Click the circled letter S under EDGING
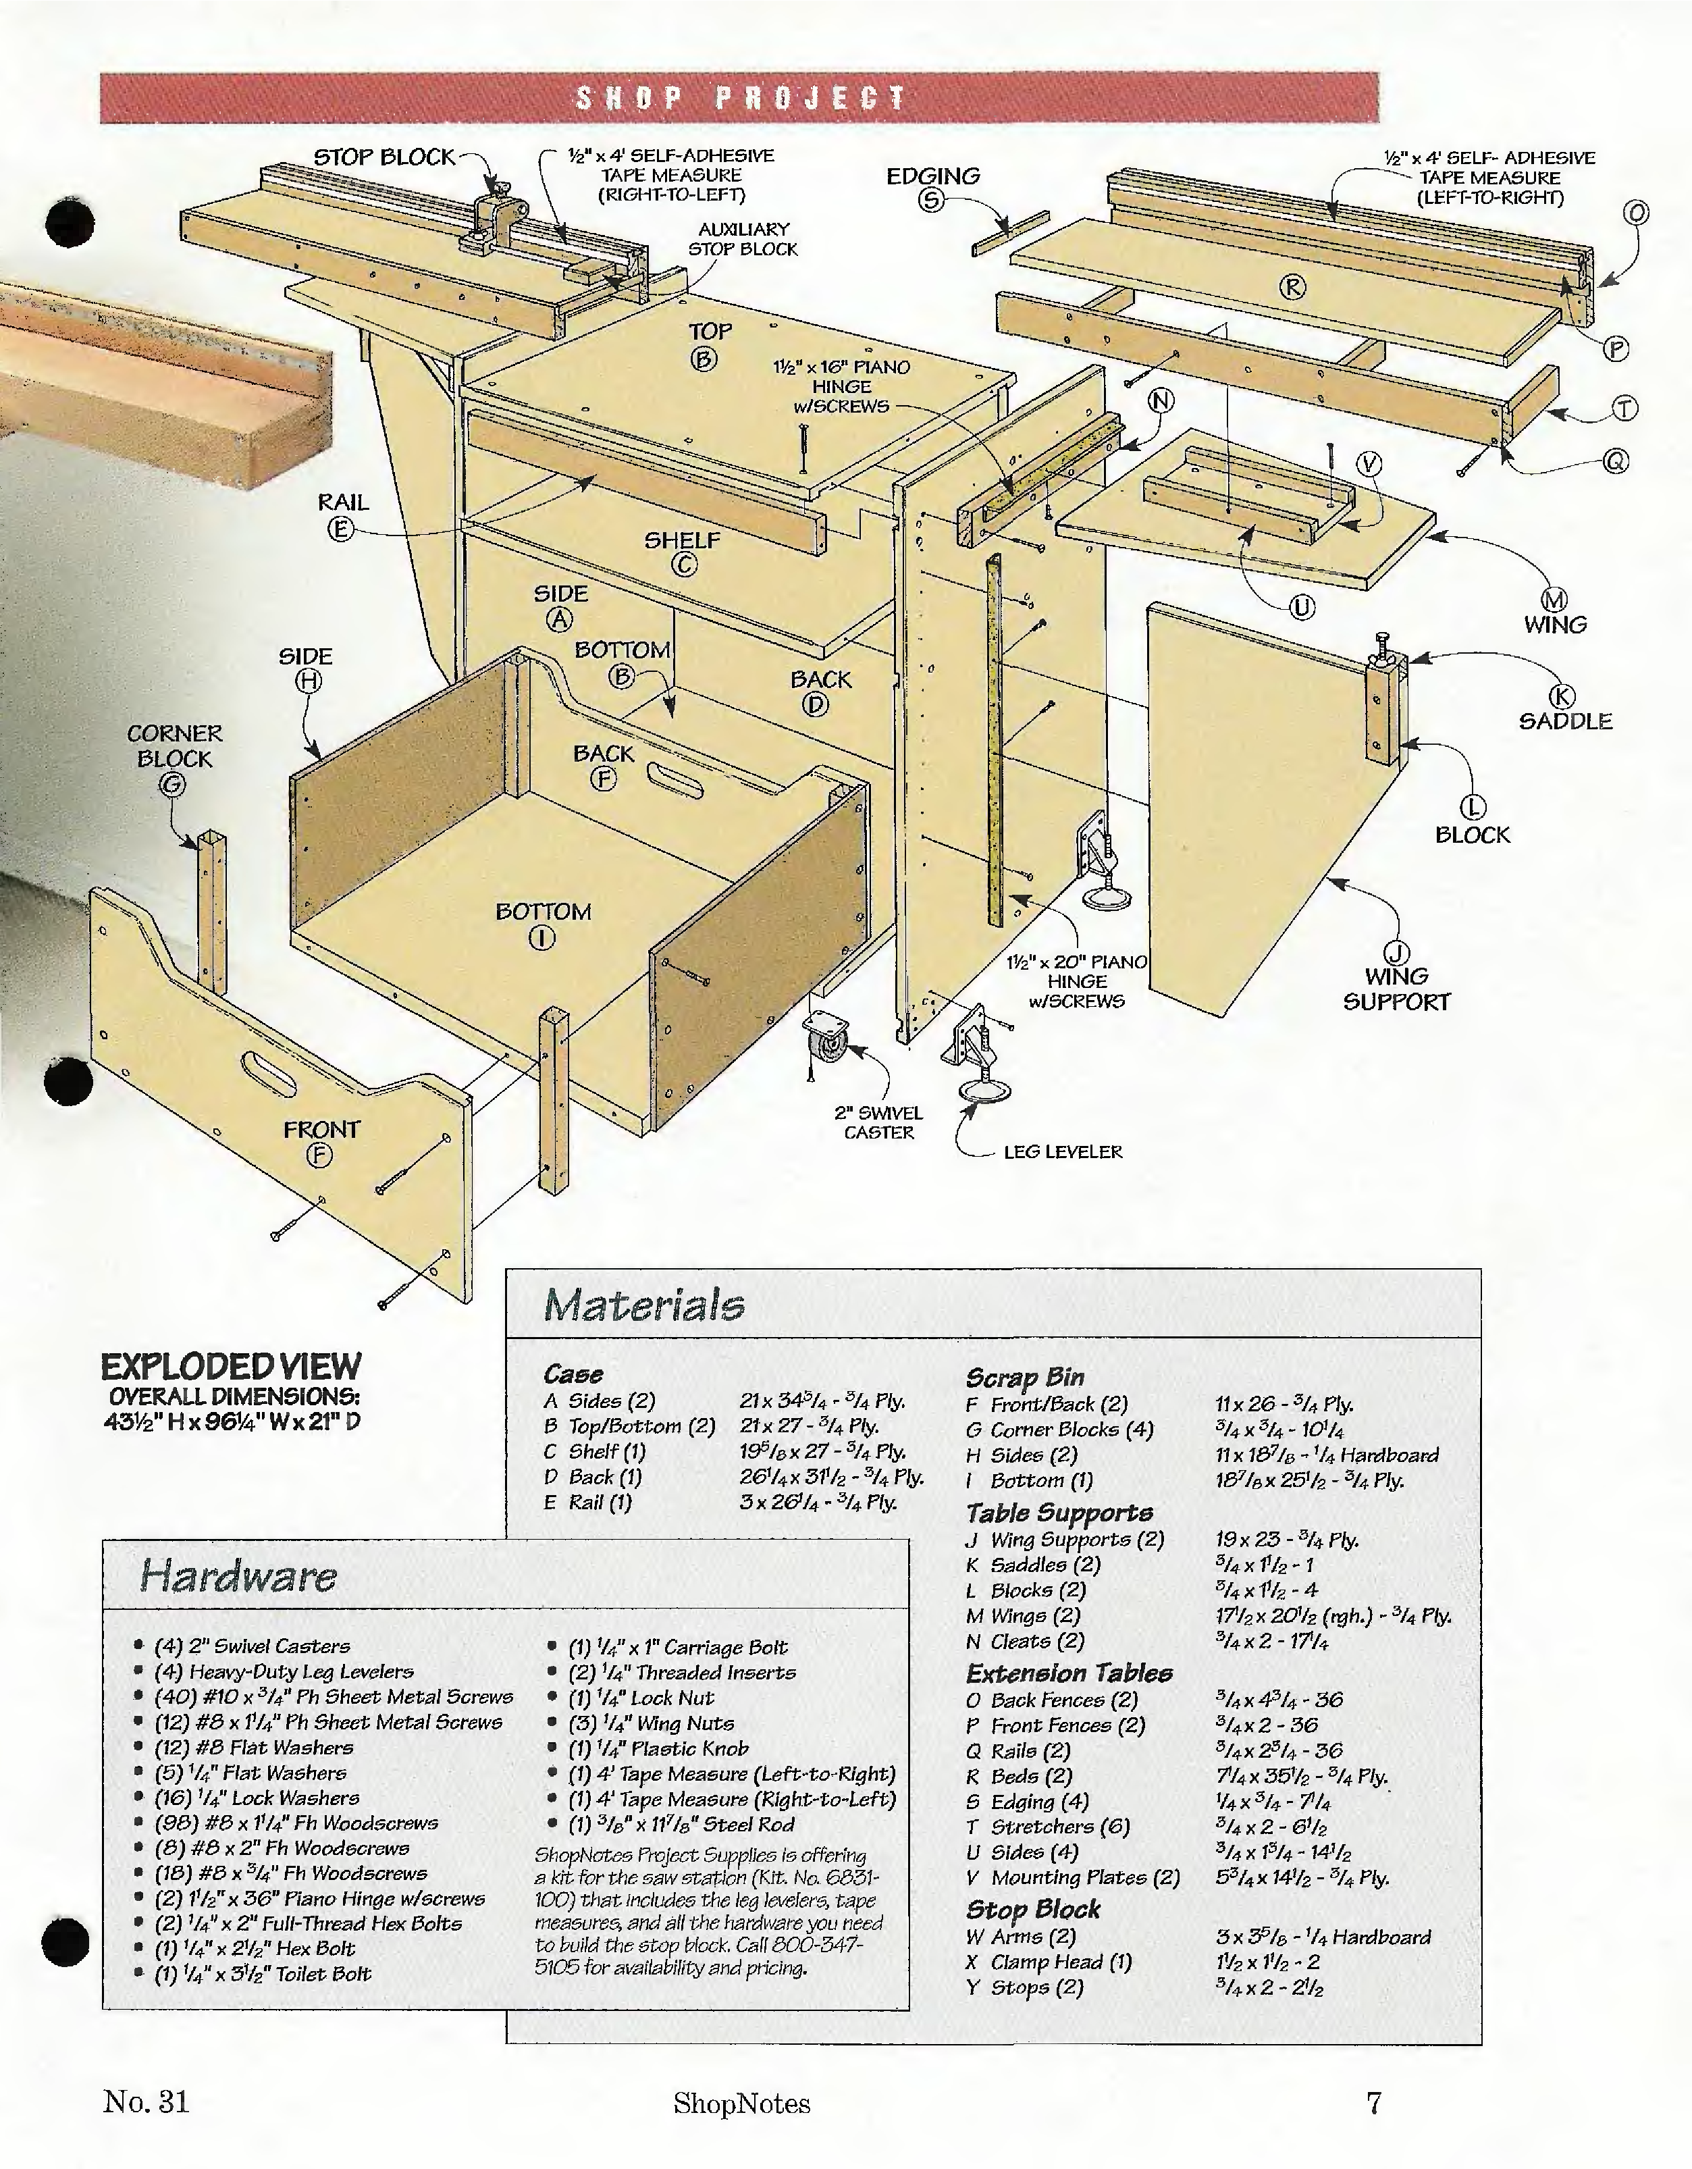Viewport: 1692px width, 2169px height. [930, 201]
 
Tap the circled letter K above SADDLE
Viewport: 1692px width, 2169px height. [1564, 697]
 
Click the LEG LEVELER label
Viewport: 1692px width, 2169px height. [1063, 1152]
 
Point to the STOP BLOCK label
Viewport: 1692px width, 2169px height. [384, 157]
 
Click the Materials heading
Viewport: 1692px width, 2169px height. [643, 1305]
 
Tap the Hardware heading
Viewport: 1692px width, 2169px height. [238, 1576]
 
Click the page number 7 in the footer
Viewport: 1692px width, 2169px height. [1374, 2101]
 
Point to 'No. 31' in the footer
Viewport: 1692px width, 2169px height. [146, 2101]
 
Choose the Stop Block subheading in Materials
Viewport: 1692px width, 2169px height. [1032, 1909]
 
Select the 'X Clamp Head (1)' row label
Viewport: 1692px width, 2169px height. [1049, 1962]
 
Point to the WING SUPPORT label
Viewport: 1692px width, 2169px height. [1396, 989]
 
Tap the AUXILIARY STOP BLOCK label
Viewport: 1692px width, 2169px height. [743, 239]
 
